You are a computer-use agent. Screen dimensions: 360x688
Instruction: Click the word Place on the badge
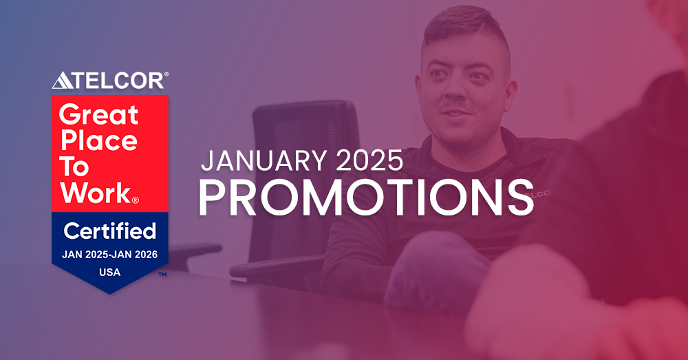[x=98, y=141]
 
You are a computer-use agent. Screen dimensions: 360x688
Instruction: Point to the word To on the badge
[x=75, y=167]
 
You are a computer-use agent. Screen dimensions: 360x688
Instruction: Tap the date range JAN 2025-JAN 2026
[x=110, y=255]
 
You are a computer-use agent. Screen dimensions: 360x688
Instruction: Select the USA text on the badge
[x=109, y=272]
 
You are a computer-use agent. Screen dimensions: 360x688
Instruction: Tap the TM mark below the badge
[x=162, y=275]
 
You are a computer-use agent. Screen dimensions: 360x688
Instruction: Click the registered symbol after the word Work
[x=136, y=200]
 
